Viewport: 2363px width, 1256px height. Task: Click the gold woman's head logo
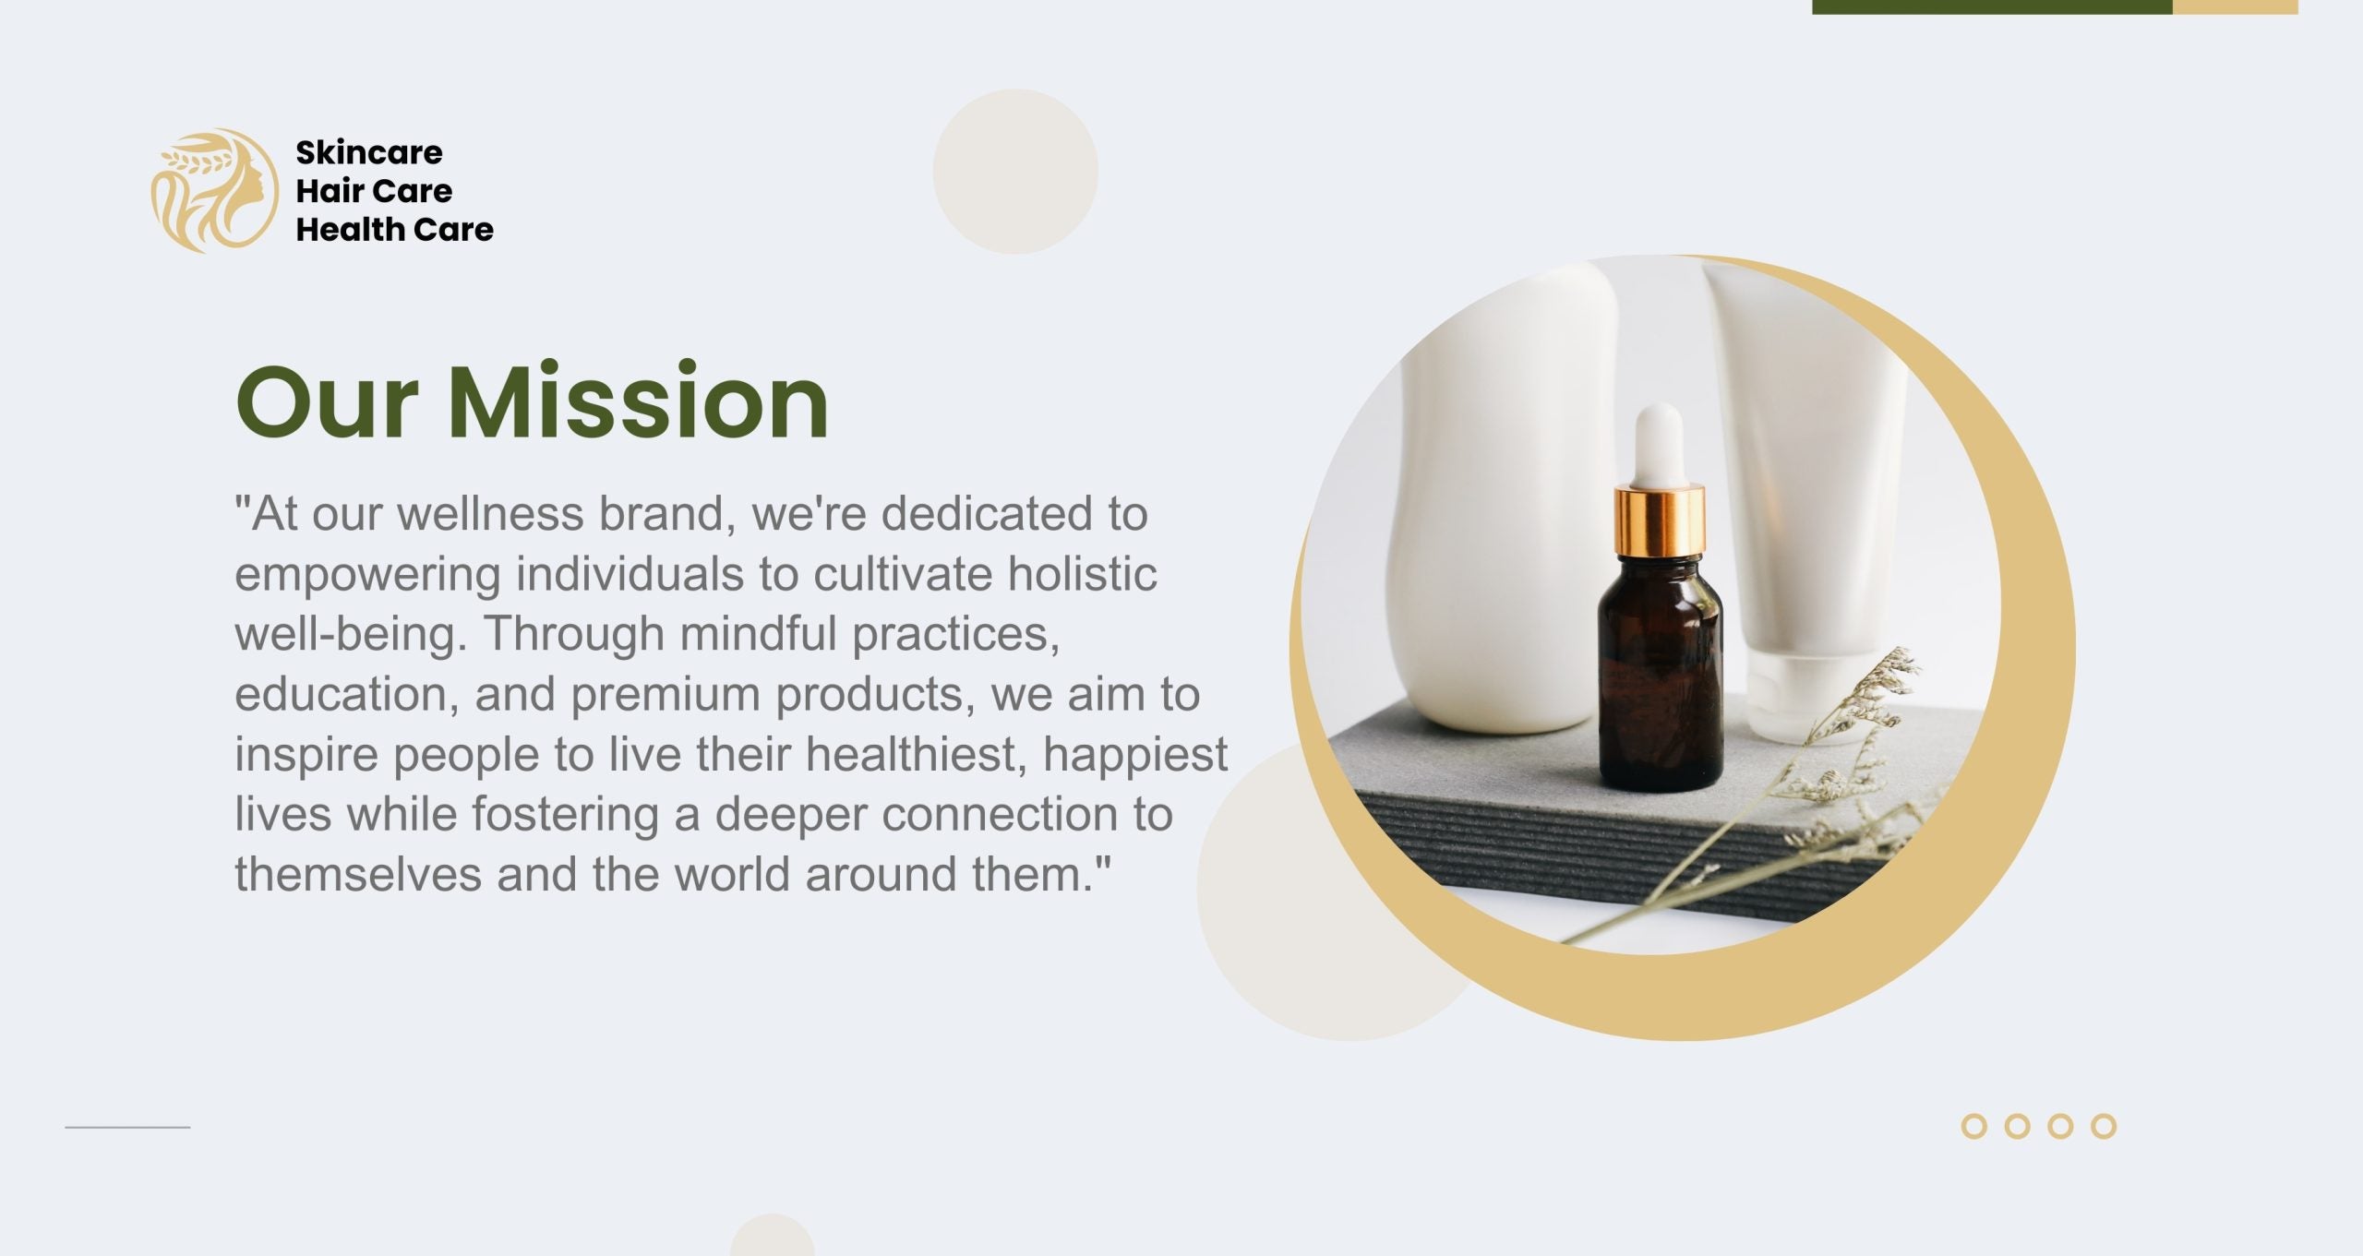click(x=214, y=190)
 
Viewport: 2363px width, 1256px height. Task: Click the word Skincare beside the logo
click(x=369, y=152)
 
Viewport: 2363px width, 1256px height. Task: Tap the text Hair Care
click(x=374, y=191)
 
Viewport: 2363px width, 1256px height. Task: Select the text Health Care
click(x=394, y=229)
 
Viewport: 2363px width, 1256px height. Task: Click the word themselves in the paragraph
click(x=358, y=874)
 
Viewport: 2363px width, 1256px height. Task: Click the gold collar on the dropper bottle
click(x=1660, y=521)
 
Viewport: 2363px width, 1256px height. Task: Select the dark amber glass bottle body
click(x=1660, y=674)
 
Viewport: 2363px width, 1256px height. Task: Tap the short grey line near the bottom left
click(x=127, y=1127)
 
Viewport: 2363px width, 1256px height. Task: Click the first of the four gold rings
click(x=1973, y=1127)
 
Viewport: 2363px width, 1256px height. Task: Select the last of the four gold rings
click(x=2104, y=1127)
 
